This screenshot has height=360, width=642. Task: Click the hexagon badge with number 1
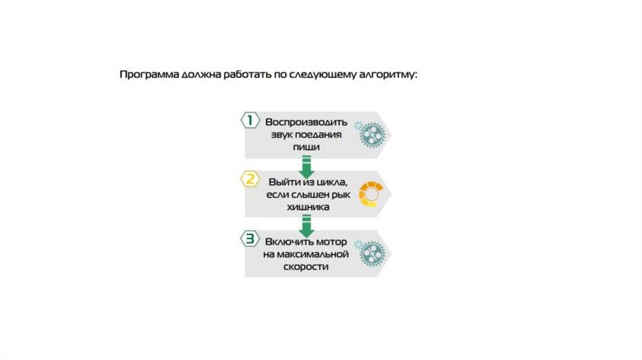(250, 120)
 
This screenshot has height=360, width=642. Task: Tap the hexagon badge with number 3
(250, 239)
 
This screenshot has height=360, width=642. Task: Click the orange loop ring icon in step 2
(370, 193)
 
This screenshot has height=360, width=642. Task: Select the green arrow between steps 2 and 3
(306, 226)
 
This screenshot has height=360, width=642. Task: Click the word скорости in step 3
(306, 267)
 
